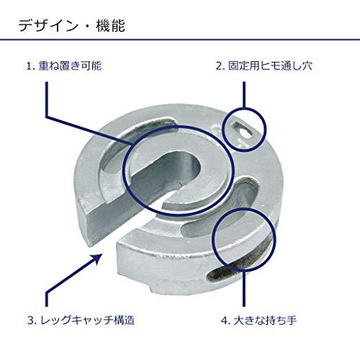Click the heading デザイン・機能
coord(72,26)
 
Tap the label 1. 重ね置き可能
coord(64,66)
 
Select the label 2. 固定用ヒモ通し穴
coord(264,66)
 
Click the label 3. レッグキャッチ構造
coord(81,320)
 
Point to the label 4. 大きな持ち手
coord(258,320)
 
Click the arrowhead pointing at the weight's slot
coord(98,258)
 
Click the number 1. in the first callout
coord(31,66)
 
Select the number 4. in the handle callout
coord(225,320)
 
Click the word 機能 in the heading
coord(111,26)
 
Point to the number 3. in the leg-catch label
coord(32,320)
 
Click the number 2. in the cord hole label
coord(220,66)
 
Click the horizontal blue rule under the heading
coord(180,39)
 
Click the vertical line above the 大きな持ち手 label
coord(244,288)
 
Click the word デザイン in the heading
coord(48,26)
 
